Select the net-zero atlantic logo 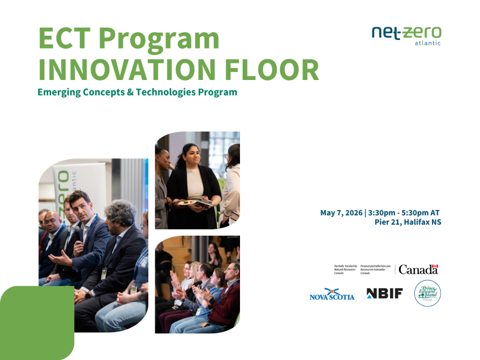point(406,35)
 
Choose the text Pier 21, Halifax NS point(408,222)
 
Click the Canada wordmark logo point(418,269)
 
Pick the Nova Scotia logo point(332,294)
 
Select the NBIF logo point(385,293)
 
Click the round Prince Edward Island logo point(428,293)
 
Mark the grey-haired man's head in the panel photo point(122,214)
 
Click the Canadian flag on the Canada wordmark point(435,266)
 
